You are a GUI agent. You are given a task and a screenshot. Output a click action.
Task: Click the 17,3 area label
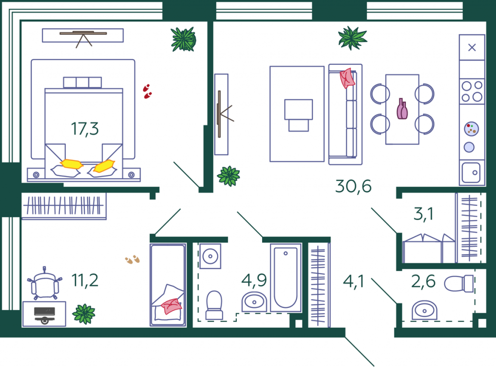click(x=85, y=129)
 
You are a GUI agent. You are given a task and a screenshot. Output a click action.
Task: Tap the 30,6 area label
click(x=353, y=186)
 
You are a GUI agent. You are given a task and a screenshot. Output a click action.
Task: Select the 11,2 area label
click(x=85, y=280)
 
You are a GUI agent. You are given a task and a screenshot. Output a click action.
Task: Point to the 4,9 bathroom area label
click(x=254, y=280)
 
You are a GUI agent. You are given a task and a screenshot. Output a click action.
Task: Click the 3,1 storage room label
click(x=423, y=214)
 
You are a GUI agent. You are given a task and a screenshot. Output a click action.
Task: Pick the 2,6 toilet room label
click(x=423, y=281)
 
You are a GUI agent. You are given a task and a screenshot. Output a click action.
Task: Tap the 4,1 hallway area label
click(x=354, y=281)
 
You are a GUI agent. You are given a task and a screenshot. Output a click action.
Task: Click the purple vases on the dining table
click(x=402, y=109)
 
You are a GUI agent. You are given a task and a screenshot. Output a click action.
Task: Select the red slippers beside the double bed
click(x=147, y=92)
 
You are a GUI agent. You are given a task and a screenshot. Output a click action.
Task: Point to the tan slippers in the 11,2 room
click(x=133, y=260)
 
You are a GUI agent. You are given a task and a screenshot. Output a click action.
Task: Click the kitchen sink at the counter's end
click(x=471, y=172)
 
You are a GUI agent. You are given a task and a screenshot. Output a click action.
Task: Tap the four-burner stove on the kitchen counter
click(x=472, y=91)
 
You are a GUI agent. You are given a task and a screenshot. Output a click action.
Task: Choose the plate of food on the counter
click(x=471, y=129)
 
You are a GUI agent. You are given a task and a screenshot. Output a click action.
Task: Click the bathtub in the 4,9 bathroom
click(x=286, y=277)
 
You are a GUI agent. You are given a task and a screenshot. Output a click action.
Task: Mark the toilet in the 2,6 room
click(x=459, y=283)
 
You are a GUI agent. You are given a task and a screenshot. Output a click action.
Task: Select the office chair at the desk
click(x=45, y=283)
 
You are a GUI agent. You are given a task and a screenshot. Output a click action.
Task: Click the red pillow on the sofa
click(x=347, y=78)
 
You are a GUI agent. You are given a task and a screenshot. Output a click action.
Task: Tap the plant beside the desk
click(x=84, y=314)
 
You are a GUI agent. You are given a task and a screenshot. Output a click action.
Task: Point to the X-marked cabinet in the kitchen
click(x=472, y=47)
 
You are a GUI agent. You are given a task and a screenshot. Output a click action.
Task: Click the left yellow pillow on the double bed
click(x=72, y=164)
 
